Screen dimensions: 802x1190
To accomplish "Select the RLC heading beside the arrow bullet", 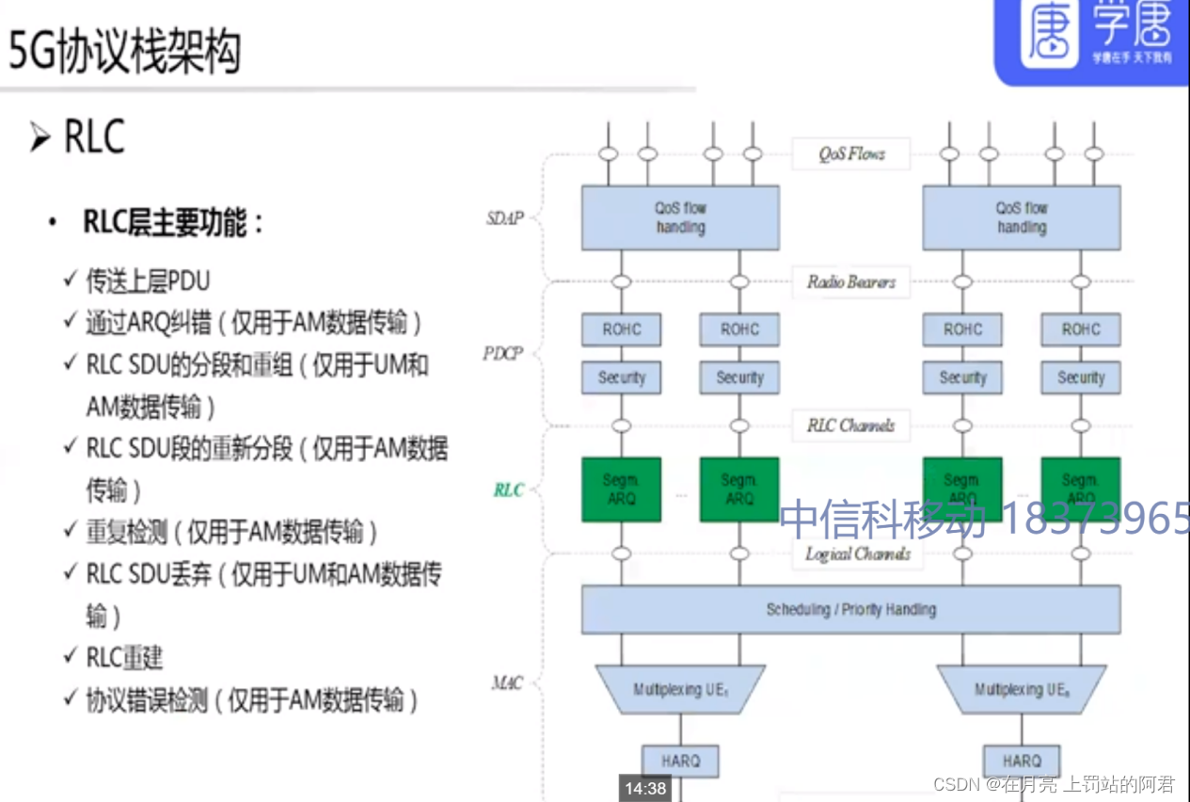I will [x=94, y=137].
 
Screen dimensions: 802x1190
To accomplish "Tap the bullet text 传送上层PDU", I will [x=148, y=281].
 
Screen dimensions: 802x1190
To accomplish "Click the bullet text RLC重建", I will [x=124, y=657].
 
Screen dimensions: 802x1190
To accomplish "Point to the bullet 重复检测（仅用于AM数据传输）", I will [x=231, y=532].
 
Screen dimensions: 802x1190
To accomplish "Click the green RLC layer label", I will [x=508, y=490].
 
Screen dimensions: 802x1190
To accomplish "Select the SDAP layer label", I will [x=504, y=218].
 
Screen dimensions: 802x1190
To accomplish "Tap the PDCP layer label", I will [x=503, y=355].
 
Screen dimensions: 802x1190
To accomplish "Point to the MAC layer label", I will [x=507, y=682].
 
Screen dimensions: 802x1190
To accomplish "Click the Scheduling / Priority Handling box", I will [x=850, y=609].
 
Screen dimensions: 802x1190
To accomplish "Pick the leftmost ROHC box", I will [x=621, y=329].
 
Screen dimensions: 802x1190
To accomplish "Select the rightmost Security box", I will [x=1080, y=377].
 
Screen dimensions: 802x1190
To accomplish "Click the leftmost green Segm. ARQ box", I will [x=621, y=489].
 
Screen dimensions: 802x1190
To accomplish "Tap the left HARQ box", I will [x=680, y=761].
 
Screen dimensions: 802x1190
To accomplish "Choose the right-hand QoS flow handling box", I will [x=1021, y=217].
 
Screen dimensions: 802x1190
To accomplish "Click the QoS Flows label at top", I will [x=850, y=153].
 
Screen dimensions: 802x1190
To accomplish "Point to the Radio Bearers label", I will [x=850, y=281].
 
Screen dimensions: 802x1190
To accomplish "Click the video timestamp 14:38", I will [x=644, y=789].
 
